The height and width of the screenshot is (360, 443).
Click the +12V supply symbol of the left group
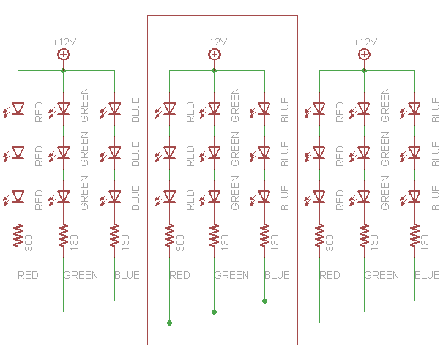click(64, 54)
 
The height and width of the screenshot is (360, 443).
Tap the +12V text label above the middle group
click(215, 42)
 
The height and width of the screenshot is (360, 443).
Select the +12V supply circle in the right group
click(364, 54)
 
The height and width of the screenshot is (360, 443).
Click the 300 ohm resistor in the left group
click(18, 236)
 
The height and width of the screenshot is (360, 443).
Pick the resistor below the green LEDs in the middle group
click(215, 236)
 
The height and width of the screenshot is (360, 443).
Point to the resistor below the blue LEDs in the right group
click(415, 236)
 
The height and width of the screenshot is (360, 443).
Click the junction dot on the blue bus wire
click(264, 301)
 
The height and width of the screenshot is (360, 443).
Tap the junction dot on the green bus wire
click(215, 312)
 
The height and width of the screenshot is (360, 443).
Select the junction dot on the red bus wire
click(169, 323)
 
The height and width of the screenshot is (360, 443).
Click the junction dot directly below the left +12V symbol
click(64, 71)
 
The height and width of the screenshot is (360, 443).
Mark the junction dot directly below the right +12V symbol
click(364, 71)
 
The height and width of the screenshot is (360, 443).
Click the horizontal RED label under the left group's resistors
click(29, 276)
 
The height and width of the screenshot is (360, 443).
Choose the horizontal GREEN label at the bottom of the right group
click(381, 276)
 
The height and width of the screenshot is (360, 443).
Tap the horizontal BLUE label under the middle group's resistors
click(277, 276)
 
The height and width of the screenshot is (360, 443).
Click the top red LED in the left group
click(18, 109)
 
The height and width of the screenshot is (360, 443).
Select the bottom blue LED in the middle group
click(264, 196)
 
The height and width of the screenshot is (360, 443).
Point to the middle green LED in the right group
click(364, 152)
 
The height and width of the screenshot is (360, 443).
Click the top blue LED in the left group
click(115, 109)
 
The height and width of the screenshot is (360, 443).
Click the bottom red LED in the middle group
click(169, 196)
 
